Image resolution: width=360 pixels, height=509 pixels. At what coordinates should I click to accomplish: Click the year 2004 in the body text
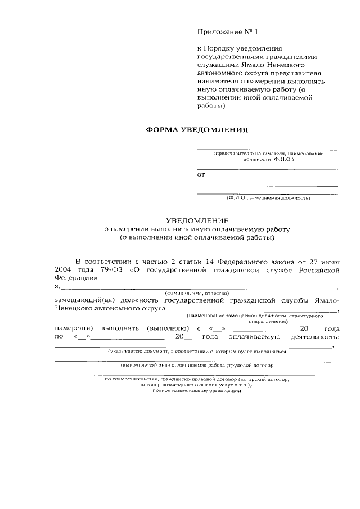65,270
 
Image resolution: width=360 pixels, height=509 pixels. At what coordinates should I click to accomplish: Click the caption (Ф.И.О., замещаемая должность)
268,198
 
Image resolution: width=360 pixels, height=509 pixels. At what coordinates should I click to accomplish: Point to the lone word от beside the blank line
201,175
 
